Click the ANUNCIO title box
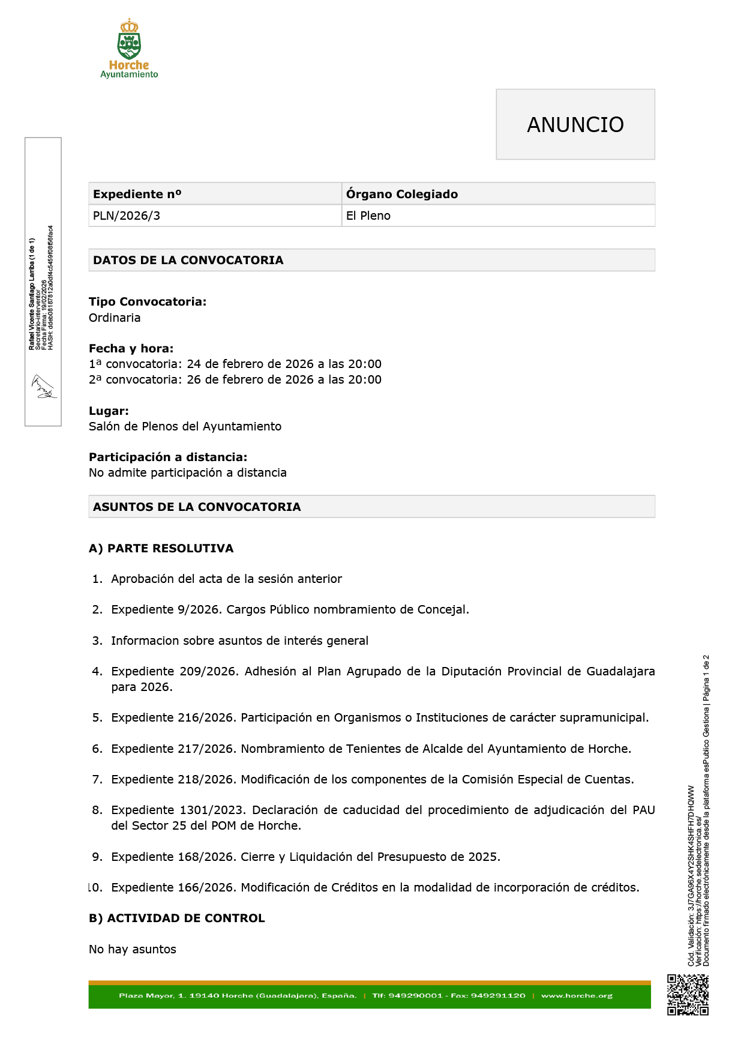point(575,124)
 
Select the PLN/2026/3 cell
point(127,216)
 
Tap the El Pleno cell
point(368,216)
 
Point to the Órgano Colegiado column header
point(402,194)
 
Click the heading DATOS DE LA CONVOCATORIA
point(188,260)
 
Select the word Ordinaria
point(115,318)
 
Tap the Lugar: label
point(109,411)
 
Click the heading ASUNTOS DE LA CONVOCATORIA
point(197,507)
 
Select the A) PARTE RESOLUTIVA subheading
point(161,548)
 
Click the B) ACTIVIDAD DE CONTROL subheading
point(177,918)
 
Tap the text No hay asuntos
point(133,949)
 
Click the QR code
point(688,995)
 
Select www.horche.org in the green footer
point(577,995)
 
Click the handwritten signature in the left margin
point(44,387)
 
